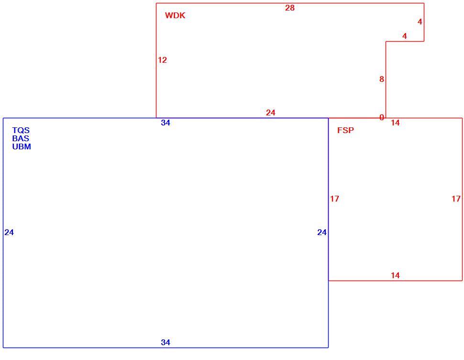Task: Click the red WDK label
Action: point(175,15)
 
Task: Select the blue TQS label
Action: point(21,130)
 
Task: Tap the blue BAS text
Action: point(21,138)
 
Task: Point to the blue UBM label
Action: point(22,146)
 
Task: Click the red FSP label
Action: point(346,130)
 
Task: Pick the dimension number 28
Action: point(290,8)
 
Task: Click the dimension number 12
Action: point(163,60)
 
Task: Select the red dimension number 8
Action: point(382,79)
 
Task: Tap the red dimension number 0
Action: point(382,118)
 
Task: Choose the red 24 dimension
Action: point(270,113)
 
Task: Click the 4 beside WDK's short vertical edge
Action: point(420,22)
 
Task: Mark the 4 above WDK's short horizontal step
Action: point(405,36)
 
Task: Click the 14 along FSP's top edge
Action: point(395,123)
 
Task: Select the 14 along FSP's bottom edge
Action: point(395,276)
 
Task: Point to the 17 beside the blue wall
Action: point(335,199)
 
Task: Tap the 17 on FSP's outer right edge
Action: point(456,199)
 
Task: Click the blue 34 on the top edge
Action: point(166,123)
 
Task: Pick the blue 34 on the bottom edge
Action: point(166,343)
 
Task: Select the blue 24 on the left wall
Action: point(9,232)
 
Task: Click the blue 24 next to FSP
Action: point(322,232)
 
